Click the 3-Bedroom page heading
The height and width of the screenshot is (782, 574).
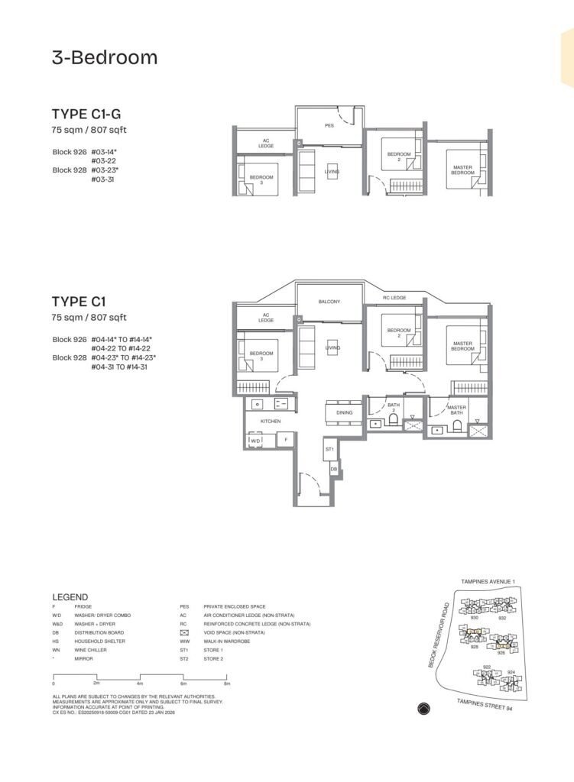[105, 57]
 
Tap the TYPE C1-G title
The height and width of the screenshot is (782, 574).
[86, 115]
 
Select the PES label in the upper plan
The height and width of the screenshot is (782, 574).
[329, 124]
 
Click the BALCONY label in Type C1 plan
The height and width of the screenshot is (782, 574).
[329, 302]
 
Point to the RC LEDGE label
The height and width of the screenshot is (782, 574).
[394, 298]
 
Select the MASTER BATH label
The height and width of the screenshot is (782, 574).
[456, 410]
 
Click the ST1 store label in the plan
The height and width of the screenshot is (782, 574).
[329, 450]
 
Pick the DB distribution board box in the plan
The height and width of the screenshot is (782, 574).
[334, 469]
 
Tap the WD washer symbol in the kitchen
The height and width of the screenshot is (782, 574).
[255, 440]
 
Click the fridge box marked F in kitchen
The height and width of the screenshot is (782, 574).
[285, 440]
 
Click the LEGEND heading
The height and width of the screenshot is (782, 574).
[70, 597]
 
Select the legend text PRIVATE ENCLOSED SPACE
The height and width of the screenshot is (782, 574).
[235, 606]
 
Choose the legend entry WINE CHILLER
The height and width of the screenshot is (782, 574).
[90, 650]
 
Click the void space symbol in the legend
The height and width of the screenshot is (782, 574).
[184, 632]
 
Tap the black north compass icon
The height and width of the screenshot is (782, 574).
[424, 709]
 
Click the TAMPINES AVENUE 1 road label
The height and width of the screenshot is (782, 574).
[488, 582]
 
